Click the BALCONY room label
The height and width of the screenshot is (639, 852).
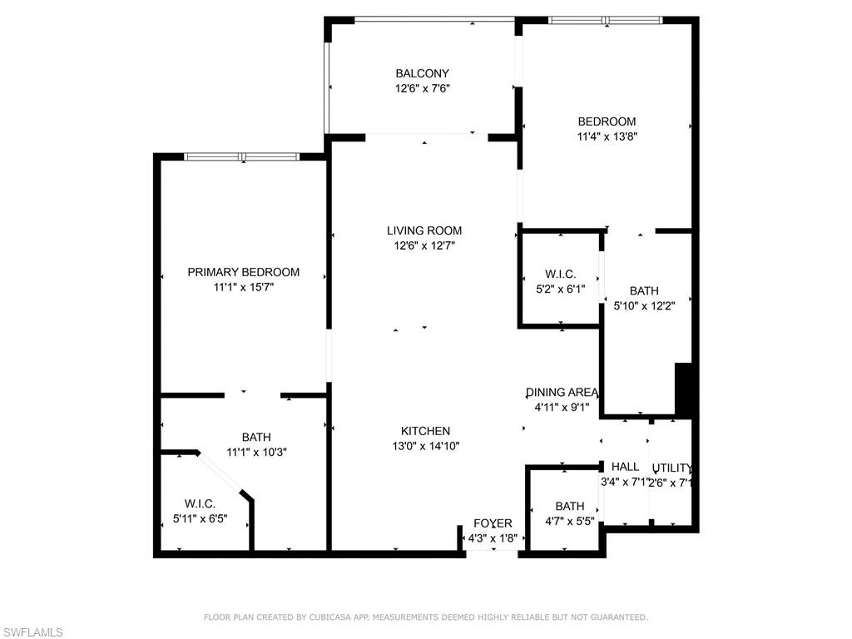pos(422,73)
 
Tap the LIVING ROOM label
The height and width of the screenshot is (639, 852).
pos(424,230)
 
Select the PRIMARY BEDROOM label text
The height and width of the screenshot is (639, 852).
pos(243,272)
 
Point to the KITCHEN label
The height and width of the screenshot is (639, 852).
pos(425,431)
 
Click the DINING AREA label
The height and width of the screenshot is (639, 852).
pos(562,393)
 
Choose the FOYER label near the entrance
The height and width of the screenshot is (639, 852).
pos(493,523)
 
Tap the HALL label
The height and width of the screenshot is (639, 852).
pos(625,467)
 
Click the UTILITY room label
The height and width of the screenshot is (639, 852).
pos(671,468)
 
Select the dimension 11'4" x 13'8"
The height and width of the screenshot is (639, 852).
pos(607,136)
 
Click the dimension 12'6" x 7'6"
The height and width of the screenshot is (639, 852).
pos(422,88)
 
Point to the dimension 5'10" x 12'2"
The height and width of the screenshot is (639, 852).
pos(644,305)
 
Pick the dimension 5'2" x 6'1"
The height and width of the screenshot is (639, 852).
pos(560,289)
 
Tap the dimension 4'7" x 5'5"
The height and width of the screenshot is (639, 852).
pos(570,521)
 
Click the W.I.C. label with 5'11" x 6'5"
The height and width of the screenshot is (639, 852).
pos(200,503)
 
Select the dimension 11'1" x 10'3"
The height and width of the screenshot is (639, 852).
pos(256,452)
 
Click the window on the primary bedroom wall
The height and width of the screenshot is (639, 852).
pos(241,156)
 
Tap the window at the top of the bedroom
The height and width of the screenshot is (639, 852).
pos(605,20)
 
